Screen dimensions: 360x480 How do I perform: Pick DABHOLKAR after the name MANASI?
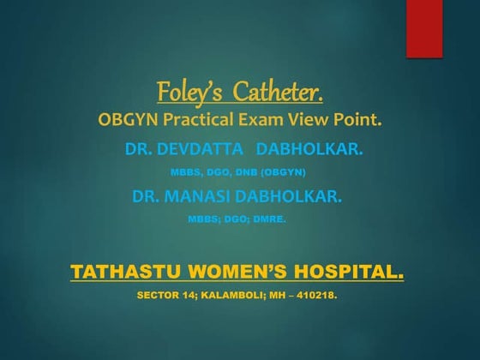coord(291,196)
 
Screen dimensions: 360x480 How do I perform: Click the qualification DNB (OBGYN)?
coord(276,172)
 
